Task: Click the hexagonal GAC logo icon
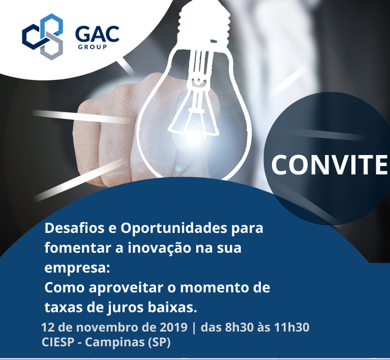click(x=42, y=36)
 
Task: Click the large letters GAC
click(x=97, y=35)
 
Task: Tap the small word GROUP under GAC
click(x=92, y=47)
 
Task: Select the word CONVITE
click(x=329, y=165)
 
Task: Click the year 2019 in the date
click(x=173, y=327)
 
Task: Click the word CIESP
click(x=57, y=342)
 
